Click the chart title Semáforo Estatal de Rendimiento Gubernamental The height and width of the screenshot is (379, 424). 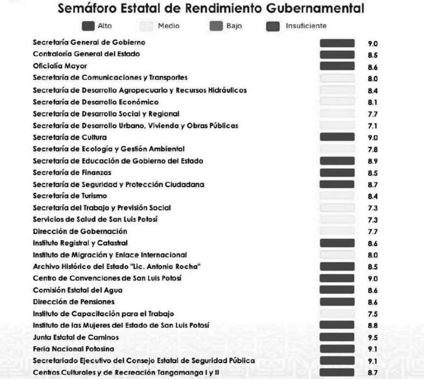(x=212, y=9)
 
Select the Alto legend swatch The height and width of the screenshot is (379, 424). (x=89, y=26)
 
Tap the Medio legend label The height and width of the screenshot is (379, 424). (x=169, y=26)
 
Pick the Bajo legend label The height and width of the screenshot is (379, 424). (x=234, y=26)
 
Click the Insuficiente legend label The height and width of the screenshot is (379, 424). (x=306, y=26)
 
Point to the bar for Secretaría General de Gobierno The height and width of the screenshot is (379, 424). (x=337, y=43)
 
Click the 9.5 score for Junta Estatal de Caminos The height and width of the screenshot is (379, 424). (x=373, y=338)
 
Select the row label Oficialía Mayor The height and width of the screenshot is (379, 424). (x=53, y=66)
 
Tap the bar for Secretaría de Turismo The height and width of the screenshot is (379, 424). (x=337, y=196)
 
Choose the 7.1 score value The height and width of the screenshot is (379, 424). (x=373, y=126)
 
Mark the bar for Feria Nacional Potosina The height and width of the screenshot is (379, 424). (x=337, y=349)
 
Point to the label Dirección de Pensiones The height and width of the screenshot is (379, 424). (x=73, y=302)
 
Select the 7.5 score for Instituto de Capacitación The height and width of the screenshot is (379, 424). (x=373, y=314)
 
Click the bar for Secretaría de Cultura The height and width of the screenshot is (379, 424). (x=337, y=137)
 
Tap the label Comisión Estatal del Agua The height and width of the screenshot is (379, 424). (x=77, y=290)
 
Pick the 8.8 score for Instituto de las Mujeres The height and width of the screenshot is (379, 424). (x=373, y=326)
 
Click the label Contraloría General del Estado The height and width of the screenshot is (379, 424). (x=86, y=54)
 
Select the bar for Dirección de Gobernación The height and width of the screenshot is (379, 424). (x=337, y=231)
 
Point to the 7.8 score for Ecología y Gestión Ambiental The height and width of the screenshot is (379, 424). (x=373, y=150)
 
